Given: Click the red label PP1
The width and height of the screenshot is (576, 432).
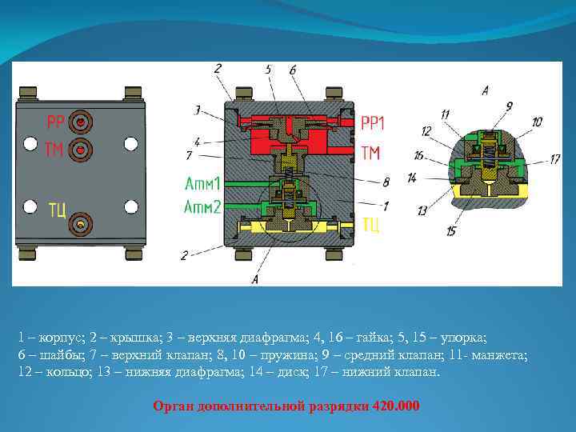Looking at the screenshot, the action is tap(373, 122).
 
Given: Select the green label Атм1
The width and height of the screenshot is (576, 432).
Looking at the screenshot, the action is tap(202, 183).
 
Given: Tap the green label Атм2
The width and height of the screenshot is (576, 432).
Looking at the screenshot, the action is tap(202, 207).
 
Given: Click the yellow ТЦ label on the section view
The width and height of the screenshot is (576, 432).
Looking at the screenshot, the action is tap(370, 225).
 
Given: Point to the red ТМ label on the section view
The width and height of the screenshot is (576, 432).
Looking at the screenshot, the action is tap(370, 153).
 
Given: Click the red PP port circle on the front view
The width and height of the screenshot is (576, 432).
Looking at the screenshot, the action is tap(81, 122).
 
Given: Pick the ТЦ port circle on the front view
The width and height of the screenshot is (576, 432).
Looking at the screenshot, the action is tap(81, 224).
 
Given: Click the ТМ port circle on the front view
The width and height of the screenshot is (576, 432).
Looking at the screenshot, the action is tap(81, 150).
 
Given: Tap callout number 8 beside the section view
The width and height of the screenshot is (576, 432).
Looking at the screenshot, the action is tap(386, 182).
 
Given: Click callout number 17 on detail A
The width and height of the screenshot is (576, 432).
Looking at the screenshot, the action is tap(554, 159).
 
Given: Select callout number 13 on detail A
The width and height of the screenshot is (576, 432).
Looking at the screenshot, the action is tap(422, 210).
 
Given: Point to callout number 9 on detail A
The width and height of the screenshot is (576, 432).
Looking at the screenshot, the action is tap(509, 106).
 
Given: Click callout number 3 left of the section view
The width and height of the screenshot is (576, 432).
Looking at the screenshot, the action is tap(198, 110).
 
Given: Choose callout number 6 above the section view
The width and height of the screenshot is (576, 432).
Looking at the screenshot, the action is tap(293, 70).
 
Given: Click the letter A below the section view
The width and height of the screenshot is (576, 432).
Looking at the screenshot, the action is tap(255, 279).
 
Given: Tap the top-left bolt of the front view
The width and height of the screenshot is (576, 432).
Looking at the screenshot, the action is tap(28, 93).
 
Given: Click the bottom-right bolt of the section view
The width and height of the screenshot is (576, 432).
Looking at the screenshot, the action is tap(334, 254).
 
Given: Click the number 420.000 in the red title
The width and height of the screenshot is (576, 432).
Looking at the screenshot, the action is tap(396, 406).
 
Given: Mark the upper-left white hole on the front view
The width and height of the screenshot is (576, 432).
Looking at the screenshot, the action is tap(30, 143).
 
